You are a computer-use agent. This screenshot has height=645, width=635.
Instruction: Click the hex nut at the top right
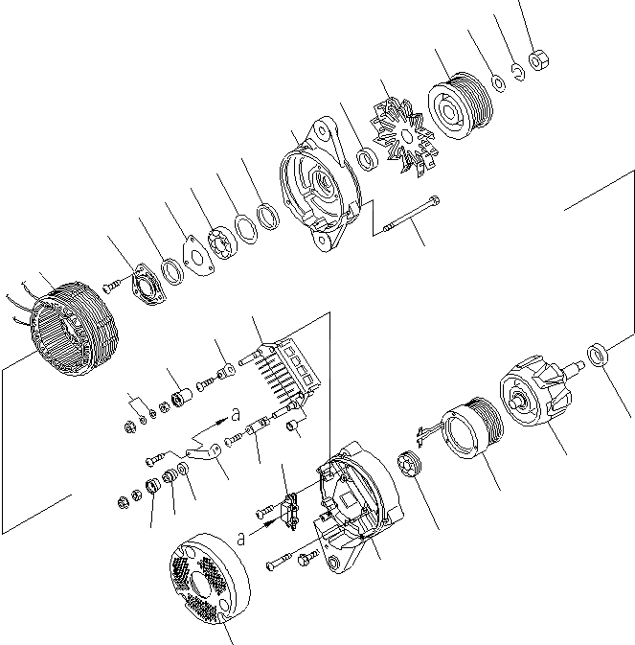pyautogui.click(x=537, y=61)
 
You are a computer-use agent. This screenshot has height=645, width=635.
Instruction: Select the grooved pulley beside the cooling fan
pyautogui.click(x=459, y=102)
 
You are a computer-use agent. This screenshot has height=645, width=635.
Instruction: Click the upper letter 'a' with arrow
pyautogui.click(x=234, y=414)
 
